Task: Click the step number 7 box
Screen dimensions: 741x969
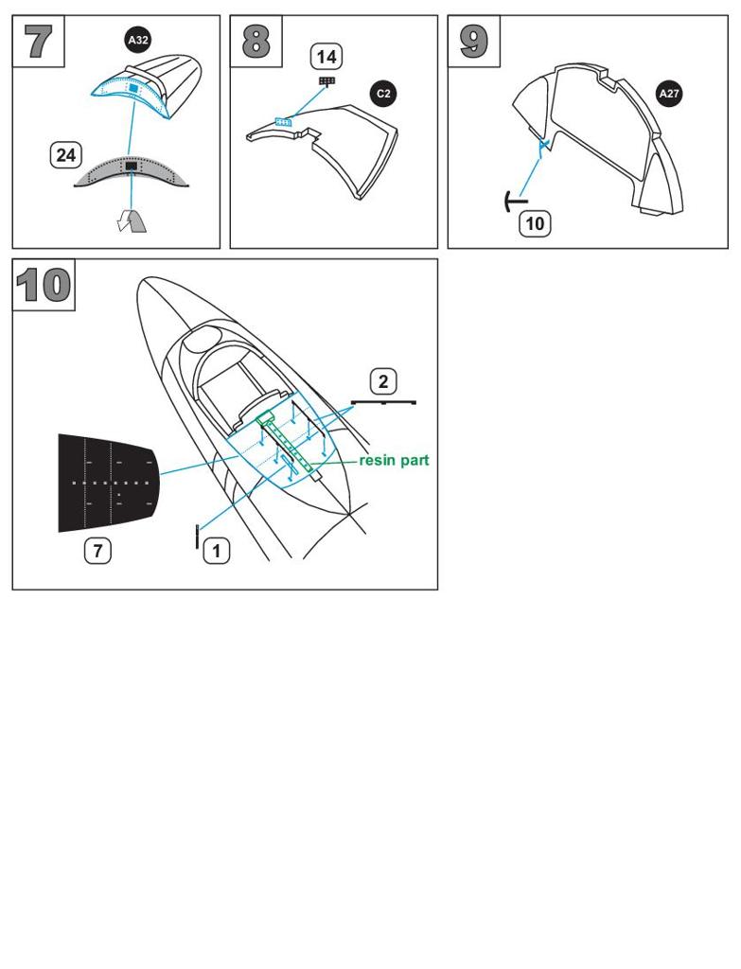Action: tap(38, 41)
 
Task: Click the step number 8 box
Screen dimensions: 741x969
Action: tap(256, 41)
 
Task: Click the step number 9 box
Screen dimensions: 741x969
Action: tap(473, 41)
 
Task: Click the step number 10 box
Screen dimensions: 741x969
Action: tap(44, 285)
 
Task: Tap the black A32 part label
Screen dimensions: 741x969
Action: tap(137, 41)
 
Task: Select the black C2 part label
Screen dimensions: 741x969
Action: tap(383, 94)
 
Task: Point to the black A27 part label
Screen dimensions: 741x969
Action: tap(669, 94)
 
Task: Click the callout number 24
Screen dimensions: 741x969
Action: tap(65, 154)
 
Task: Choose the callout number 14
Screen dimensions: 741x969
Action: tap(326, 57)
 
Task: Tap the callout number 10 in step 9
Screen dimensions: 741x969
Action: tap(536, 223)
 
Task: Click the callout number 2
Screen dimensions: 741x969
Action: tap(383, 381)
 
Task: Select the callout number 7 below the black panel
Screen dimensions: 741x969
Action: tap(97, 551)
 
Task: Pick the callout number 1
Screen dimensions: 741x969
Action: tap(217, 551)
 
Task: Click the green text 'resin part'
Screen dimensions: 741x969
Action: tap(394, 461)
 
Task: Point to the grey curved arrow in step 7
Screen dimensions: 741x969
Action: tap(132, 220)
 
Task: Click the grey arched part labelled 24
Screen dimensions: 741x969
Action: tap(131, 171)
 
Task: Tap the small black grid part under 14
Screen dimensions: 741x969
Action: tap(326, 81)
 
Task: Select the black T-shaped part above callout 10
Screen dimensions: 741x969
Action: tap(516, 201)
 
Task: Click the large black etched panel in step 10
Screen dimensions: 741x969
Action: tap(108, 484)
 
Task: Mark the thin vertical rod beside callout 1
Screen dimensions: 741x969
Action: tap(197, 536)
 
